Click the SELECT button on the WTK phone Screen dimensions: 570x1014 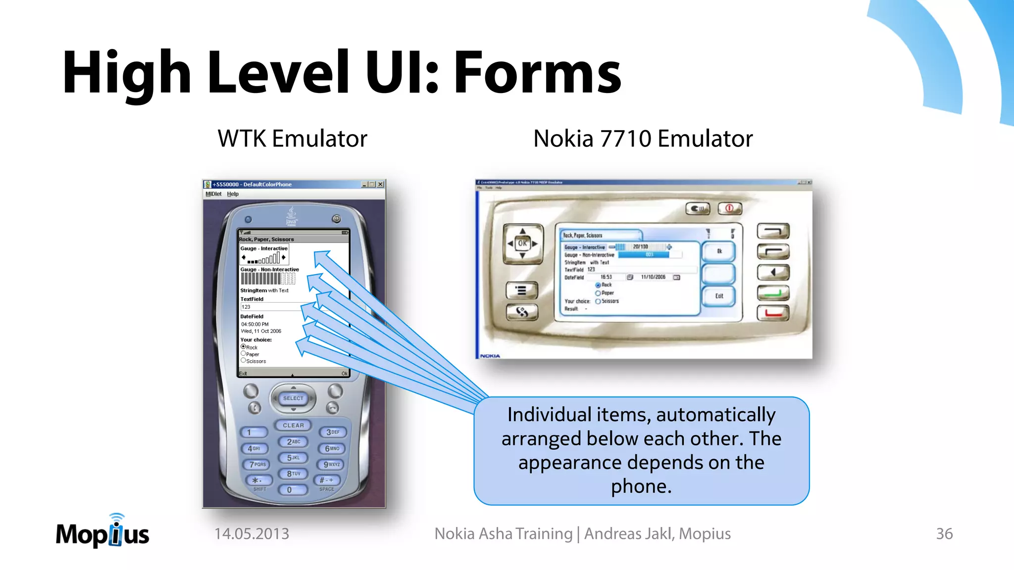(x=293, y=398)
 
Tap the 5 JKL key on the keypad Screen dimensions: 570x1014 (x=294, y=458)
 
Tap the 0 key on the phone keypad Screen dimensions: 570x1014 (x=290, y=490)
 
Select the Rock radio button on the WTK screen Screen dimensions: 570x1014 (x=244, y=347)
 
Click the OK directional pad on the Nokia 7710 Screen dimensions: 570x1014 (x=522, y=243)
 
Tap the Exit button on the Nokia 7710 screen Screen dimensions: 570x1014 (x=719, y=296)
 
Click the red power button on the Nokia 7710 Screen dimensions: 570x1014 (x=730, y=208)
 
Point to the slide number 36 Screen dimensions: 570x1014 (x=944, y=534)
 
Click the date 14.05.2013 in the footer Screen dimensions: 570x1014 (x=252, y=534)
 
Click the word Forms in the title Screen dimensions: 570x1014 (x=537, y=73)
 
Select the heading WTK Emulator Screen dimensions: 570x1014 (x=292, y=139)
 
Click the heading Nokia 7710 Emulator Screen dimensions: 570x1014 (x=643, y=139)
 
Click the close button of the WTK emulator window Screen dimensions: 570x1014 (x=380, y=185)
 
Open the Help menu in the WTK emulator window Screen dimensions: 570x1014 (x=233, y=194)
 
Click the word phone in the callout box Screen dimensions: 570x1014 (x=641, y=486)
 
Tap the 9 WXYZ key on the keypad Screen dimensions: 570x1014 (x=332, y=465)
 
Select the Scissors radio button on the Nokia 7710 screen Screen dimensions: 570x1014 (x=598, y=301)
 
